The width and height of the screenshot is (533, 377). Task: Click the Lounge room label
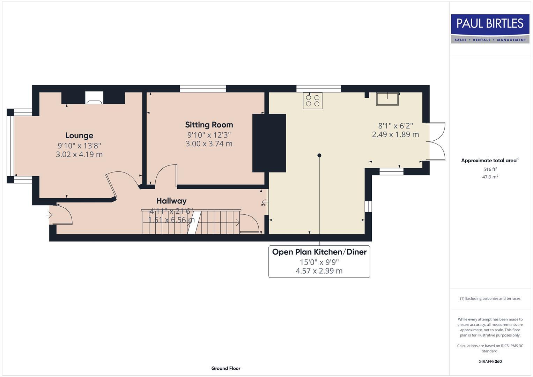point(79,135)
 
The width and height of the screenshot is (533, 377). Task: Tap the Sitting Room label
point(209,125)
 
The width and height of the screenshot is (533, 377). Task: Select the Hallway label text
point(171,201)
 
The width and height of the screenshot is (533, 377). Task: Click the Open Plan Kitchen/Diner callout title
point(319,252)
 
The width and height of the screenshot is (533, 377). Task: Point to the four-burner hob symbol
point(312,101)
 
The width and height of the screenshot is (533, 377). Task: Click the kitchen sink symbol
point(387,99)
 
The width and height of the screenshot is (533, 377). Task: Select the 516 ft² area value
point(490,169)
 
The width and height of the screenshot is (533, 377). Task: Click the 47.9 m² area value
point(490,177)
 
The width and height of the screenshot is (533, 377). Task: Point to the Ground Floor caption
point(226,368)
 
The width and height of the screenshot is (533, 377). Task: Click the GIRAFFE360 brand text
point(490,361)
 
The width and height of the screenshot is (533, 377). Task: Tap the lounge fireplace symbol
point(94,98)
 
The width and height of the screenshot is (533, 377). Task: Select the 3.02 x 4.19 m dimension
point(79,154)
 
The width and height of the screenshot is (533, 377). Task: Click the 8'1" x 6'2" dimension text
point(395,126)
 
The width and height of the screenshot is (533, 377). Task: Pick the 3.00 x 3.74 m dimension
point(209,143)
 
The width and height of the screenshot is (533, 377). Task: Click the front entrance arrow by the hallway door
point(49,215)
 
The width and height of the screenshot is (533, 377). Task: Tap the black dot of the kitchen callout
point(319,155)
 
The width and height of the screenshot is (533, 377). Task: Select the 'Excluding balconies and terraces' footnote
point(490,298)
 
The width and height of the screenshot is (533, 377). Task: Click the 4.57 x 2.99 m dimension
point(319,271)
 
